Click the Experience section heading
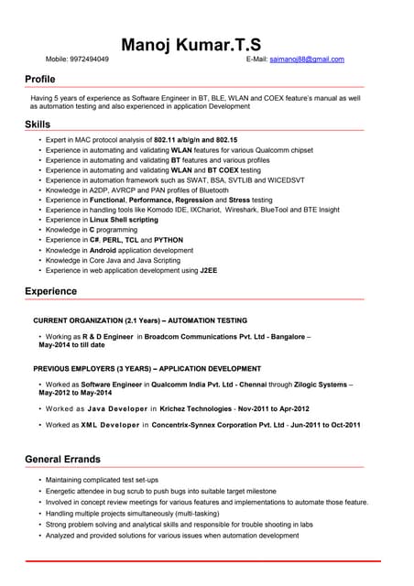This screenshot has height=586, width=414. [50, 291]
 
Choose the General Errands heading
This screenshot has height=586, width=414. [62, 459]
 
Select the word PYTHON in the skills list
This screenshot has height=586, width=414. [169, 240]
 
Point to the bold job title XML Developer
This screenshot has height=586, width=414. [110, 425]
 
